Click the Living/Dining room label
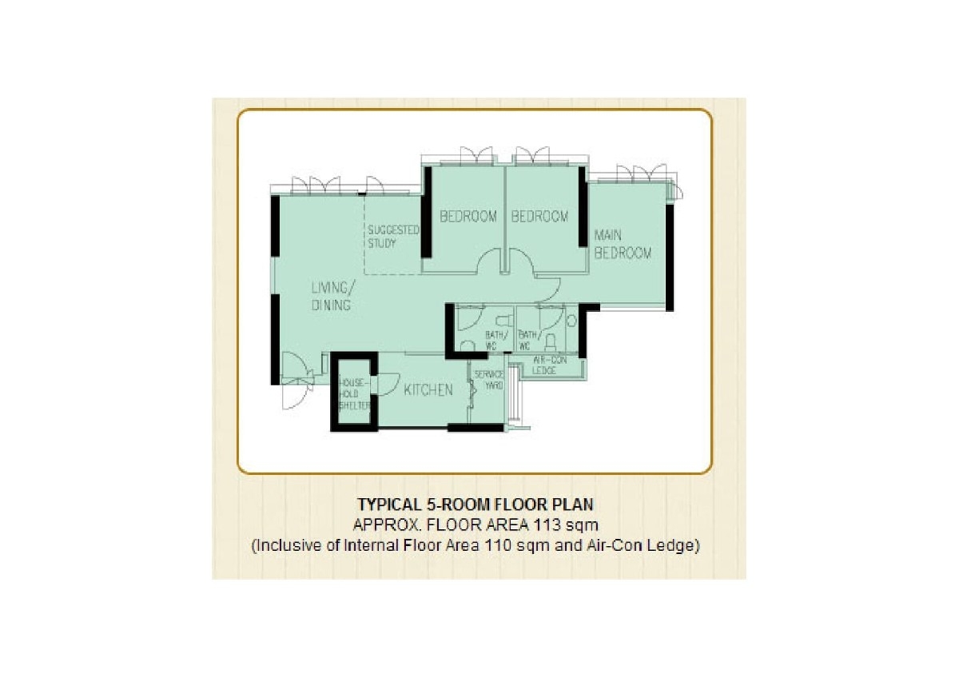click(332, 297)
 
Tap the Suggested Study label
click(393, 237)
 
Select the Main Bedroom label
click(623, 244)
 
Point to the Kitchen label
click(428, 389)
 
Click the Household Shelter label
click(355, 394)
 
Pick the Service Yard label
click(489, 380)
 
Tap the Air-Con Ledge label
click(549, 365)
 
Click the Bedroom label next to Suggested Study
click(468, 217)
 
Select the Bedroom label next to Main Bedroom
click(539, 217)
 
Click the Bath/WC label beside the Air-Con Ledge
click(530, 340)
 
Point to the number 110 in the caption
click(492, 546)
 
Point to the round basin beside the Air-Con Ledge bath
click(571, 321)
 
